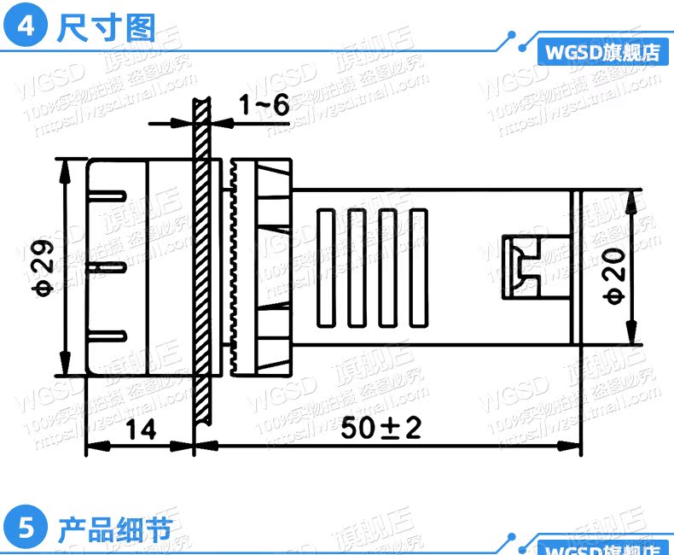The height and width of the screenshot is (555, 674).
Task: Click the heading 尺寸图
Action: [x=106, y=27]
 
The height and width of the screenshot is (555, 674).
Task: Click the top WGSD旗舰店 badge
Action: [x=603, y=52]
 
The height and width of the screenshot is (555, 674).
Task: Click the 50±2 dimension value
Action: [x=381, y=429]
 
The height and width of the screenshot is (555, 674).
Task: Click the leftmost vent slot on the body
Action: [x=328, y=268]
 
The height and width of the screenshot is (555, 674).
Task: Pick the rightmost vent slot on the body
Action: [x=418, y=268]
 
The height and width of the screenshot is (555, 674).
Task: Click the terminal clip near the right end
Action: [x=521, y=266]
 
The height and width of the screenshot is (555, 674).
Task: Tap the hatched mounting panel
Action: [x=201, y=256]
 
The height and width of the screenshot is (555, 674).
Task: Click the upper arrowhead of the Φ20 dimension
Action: [x=632, y=199]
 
